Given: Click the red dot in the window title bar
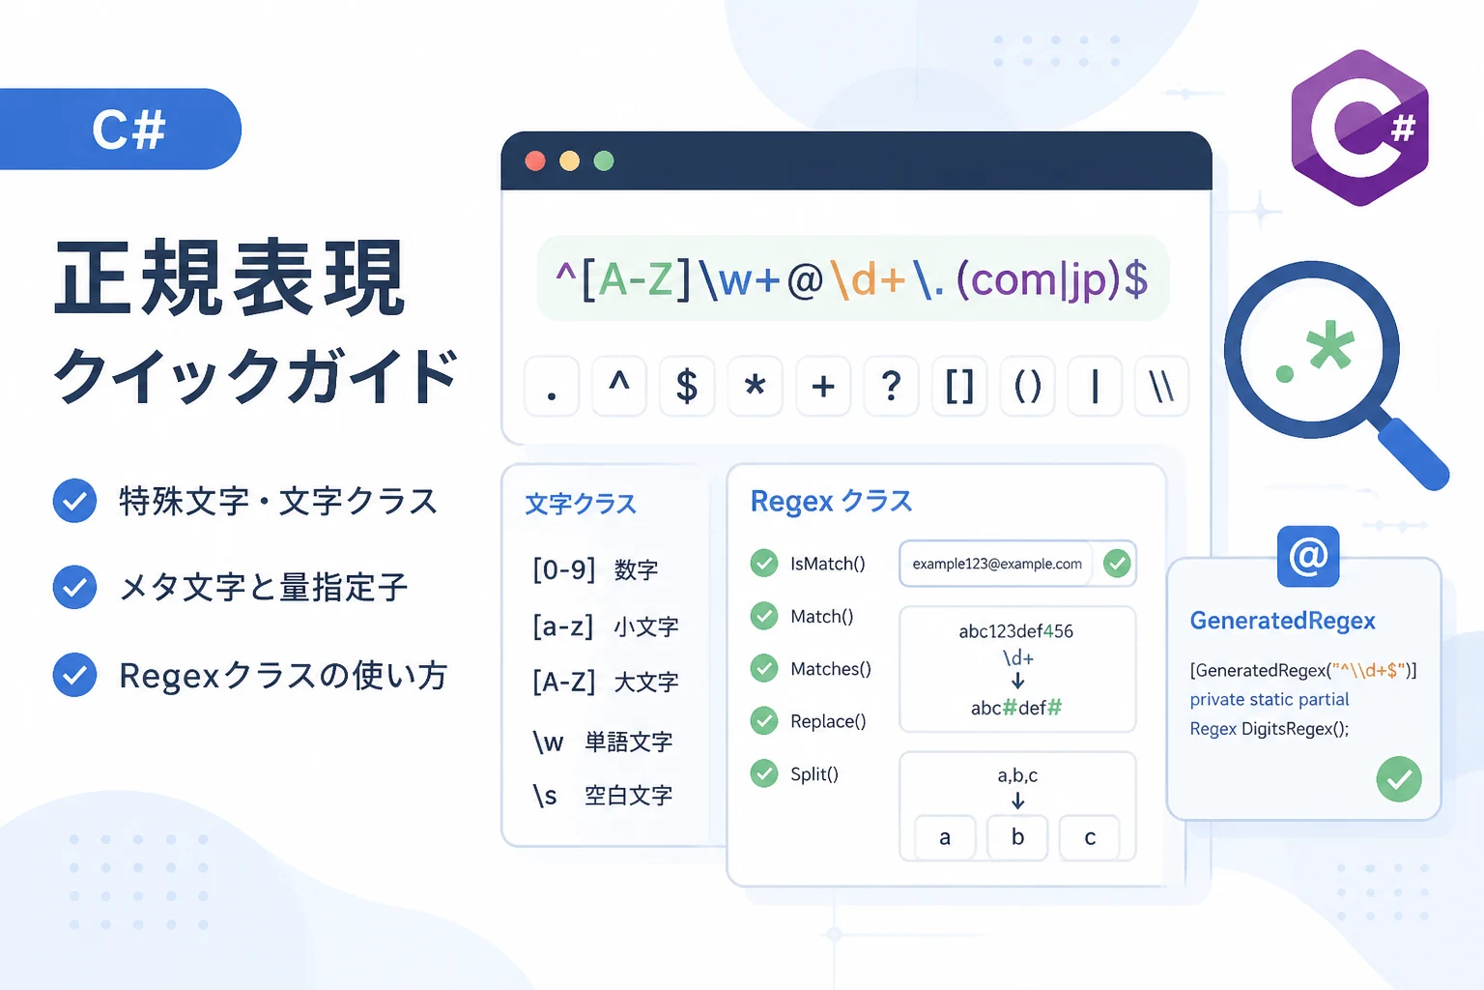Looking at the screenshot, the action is [x=535, y=161].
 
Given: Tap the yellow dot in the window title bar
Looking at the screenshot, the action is [x=570, y=161].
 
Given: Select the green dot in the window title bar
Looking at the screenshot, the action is [x=604, y=161].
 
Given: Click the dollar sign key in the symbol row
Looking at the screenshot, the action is [x=687, y=386].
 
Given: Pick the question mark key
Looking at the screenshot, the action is [x=892, y=386].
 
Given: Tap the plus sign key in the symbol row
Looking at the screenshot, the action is [x=823, y=386].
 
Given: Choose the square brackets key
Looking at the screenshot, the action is [x=960, y=386].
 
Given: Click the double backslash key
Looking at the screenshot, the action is [x=1162, y=386].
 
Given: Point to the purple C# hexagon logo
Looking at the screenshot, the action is [x=1360, y=128].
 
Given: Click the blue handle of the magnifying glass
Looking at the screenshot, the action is [x=1414, y=454].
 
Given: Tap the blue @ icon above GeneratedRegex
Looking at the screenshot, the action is [x=1308, y=556].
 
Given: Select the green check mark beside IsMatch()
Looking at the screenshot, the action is [x=764, y=563].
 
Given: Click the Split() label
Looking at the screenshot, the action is [x=814, y=773].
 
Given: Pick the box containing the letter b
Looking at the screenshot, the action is [x=1017, y=837].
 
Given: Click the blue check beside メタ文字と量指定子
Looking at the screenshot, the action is [x=74, y=587].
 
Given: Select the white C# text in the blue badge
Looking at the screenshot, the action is [x=128, y=130].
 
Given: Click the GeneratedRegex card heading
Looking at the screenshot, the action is [x=1283, y=621].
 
